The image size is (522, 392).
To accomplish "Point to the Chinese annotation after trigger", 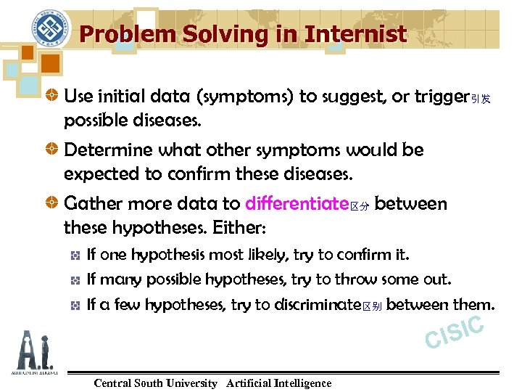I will tap(481, 99).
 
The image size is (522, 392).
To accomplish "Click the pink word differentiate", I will tap(297, 205).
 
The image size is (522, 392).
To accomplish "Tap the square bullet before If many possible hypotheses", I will tap(75, 280).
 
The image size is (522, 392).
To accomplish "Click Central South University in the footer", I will tap(155, 383).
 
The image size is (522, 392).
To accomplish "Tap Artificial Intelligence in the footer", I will tap(278, 383).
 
